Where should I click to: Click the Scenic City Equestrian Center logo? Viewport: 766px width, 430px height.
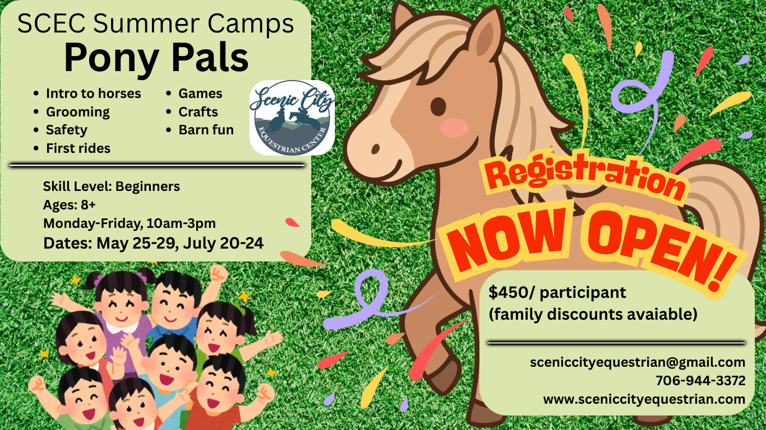[292, 118]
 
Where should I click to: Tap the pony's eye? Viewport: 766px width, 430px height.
[438, 106]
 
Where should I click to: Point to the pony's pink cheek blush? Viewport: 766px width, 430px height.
[454, 128]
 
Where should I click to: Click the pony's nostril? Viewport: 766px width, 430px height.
[375, 149]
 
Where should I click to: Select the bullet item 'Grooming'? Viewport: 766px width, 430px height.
[77, 112]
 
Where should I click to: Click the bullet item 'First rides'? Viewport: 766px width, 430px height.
[78, 148]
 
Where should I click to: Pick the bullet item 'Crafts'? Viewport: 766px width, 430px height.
[198, 111]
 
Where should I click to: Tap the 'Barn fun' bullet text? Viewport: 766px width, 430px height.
[206, 130]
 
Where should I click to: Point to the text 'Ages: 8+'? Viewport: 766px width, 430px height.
[69, 204]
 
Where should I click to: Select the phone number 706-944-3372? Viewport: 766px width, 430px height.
[700, 381]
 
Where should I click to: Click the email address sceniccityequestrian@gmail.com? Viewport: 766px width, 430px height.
[638, 362]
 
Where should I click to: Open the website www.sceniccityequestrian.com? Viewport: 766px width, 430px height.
[644, 399]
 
